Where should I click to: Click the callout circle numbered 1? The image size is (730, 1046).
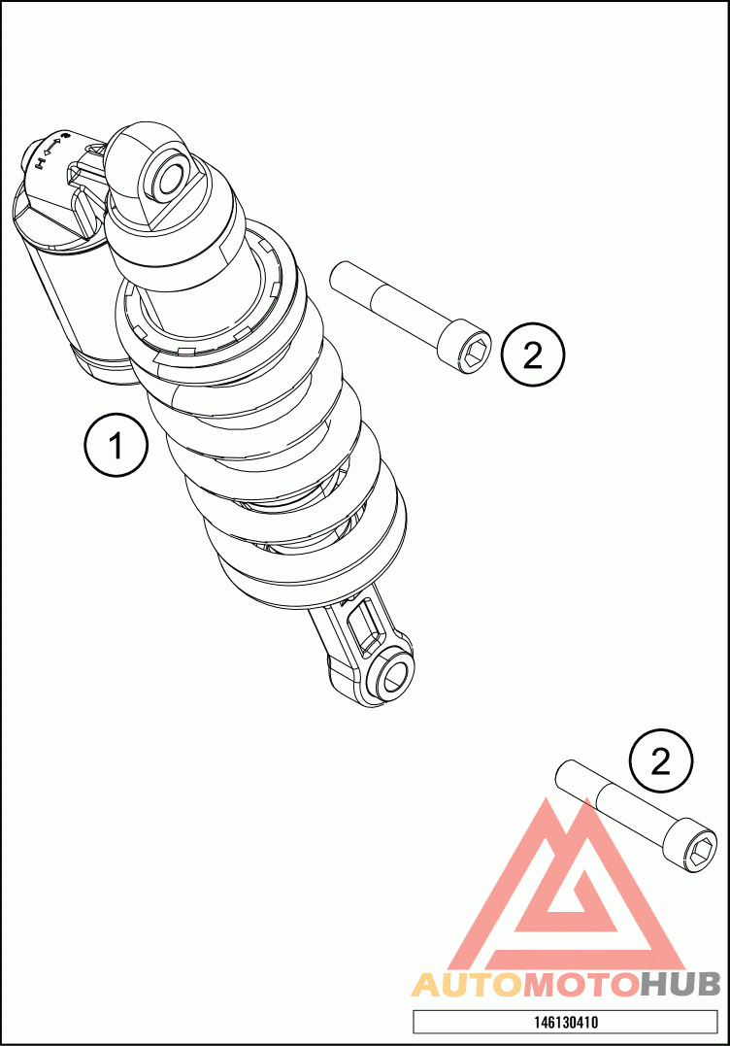tap(116, 445)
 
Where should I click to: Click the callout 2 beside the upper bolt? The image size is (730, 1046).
tap(533, 354)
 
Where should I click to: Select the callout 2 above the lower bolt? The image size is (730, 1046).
tap(661, 761)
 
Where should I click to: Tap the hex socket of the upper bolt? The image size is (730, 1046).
tap(475, 352)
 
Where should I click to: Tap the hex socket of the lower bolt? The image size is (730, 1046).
tap(700, 851)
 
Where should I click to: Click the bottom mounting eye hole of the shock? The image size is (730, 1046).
tap(392, 678)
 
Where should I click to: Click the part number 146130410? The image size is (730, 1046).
tap(565, 1022)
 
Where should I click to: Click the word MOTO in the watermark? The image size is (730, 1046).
tap(580, 985)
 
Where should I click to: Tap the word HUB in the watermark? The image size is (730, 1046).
tap(680, 985)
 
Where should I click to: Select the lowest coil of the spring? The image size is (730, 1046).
tap(314, 567)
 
